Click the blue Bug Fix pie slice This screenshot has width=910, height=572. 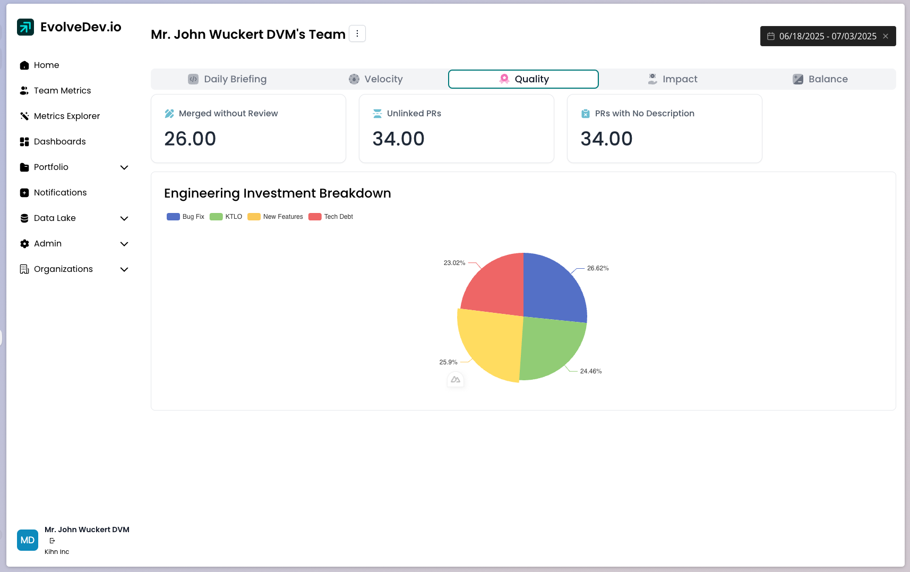552,289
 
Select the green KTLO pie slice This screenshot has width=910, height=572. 550,348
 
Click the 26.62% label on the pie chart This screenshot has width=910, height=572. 598,268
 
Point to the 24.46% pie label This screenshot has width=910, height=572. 591,371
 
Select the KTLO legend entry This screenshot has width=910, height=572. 226,217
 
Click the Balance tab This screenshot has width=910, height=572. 820,79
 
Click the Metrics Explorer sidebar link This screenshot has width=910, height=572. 66,116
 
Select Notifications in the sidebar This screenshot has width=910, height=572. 60,193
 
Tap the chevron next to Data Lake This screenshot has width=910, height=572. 124,218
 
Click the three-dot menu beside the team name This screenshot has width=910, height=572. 357,33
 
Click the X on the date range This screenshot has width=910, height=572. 886,36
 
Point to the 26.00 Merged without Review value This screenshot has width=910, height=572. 190,139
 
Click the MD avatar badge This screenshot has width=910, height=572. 28,540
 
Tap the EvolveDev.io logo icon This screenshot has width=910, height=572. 25,27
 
